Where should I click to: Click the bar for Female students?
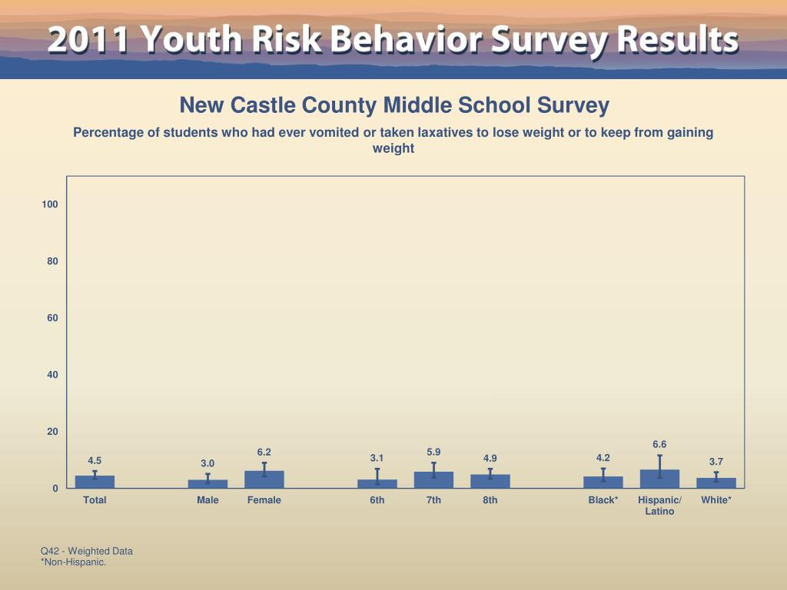pyautogui.click(x=264, y=479)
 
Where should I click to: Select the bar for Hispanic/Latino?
pyautogui.click(x=659, y=479)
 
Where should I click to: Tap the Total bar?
pyautogui.click(x=95, y=482)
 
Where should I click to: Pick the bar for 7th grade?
pyautogui.click(x=433, y=479)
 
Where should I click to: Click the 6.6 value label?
pyautogui.click(x=659, y=444)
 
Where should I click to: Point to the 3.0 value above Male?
pyautogui.click(x=208, y=463)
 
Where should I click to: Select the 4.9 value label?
pyautogui.click(x=490, y=459)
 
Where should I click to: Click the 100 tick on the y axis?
pyautogui.click(x=50, y=204)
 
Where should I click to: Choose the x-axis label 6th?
pyautogui.click(x=377, y=500)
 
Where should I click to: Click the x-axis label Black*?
pyautogui.click(x=603, y=500)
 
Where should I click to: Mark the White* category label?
pyautogui.click(x=716, y=500)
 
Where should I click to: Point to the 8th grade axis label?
pyautogui.click(x=490, y=500)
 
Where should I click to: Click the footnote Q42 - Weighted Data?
pyautogui.click(x=87, y=551)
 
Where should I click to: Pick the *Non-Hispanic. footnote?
pyautogui.click(x=73, y=562)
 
